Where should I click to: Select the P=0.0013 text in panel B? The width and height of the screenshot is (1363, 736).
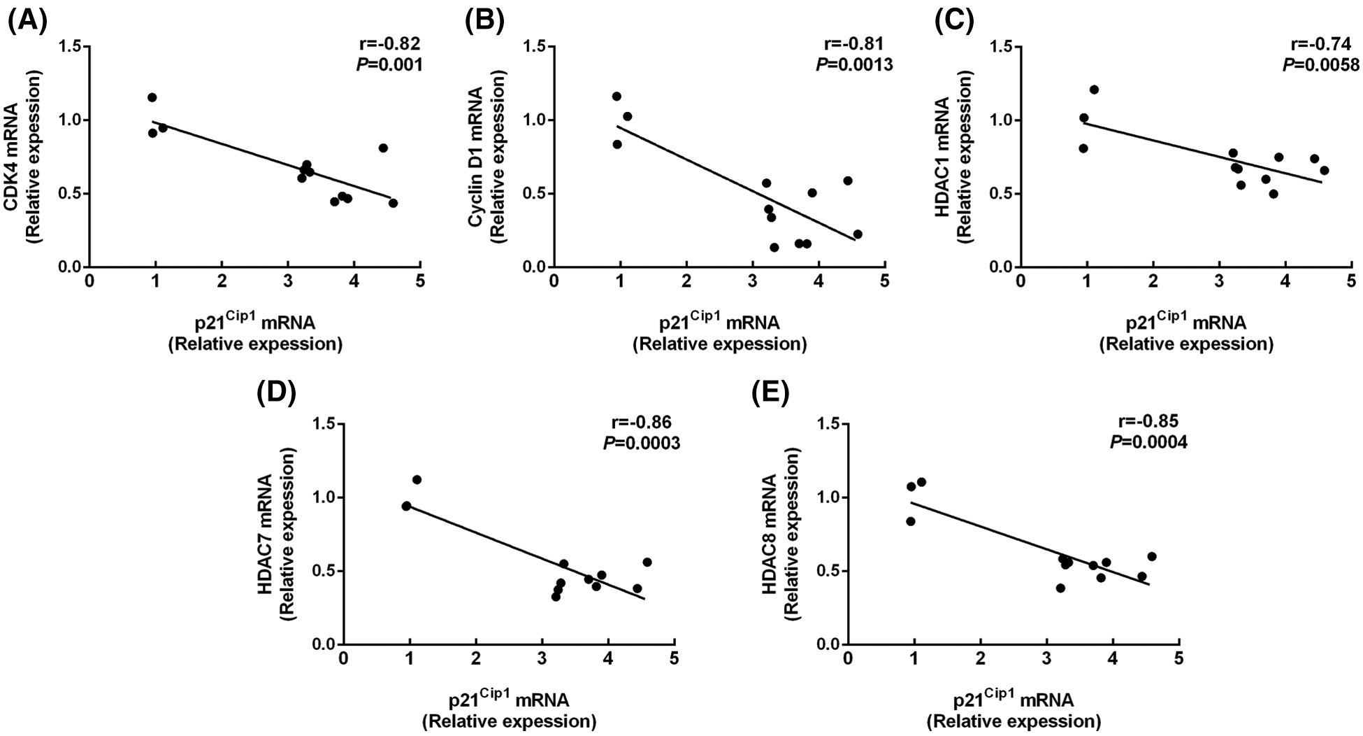click(x=854, y=65)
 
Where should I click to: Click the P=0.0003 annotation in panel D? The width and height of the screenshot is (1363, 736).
click(x=641, y=443)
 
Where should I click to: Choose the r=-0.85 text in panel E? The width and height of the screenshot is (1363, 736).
click(x=1148, y=421)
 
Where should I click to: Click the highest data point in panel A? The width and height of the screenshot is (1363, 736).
click(x=152, y=97)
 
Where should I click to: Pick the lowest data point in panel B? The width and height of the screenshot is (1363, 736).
click(x=774, y=247)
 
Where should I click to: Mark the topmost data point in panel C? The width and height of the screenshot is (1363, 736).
click(x=1094, y=90)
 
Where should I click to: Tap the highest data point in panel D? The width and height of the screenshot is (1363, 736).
click(x=417, y=479)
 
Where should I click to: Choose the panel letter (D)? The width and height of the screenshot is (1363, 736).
click(x=277, y=394)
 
